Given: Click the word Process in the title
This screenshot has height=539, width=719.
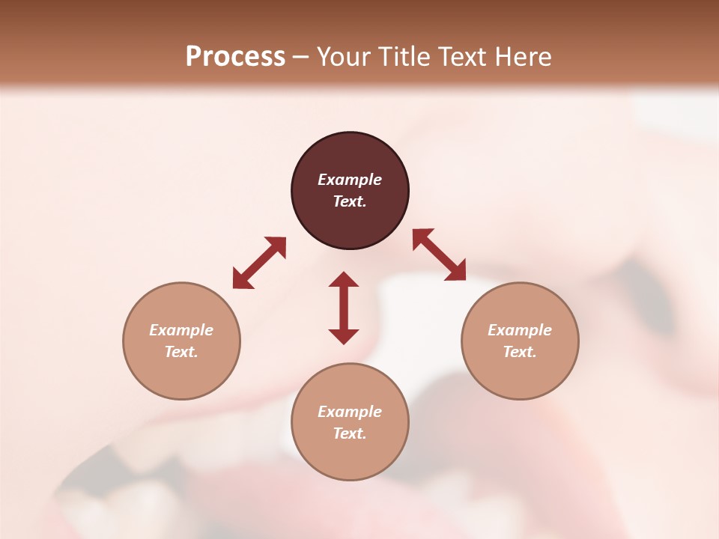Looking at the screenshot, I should click(x=235, y=57).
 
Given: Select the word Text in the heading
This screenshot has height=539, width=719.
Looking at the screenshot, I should click(x=463, y=57).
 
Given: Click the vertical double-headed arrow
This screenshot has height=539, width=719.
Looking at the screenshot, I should click(x=344, y=308).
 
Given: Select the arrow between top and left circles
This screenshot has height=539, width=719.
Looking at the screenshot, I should click(x=259, y=263).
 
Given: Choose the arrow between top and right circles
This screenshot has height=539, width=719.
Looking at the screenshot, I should click(x=439, y=255).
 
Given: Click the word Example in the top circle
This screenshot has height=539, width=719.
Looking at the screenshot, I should click(x=350, y=180).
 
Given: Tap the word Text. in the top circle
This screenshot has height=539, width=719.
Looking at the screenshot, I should click(x=350, y=201).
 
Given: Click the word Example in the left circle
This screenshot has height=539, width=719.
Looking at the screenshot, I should click(x=181, y=330).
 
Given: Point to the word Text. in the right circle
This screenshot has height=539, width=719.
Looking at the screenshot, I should click(x=520, y=352).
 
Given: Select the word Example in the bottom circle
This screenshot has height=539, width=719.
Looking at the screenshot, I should click(x=350, y=412).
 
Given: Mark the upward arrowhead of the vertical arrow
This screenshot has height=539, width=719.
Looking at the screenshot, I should click(x=344, y=279).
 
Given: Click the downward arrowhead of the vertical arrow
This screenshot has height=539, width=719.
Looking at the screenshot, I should click(x=344, y=336).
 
